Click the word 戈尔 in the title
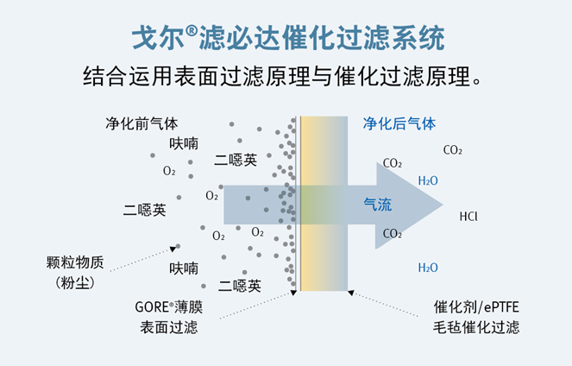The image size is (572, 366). pos(158,38)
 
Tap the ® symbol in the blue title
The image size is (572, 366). pos(192,31)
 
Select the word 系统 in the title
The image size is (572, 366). pos(418,38)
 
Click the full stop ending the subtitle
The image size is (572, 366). pos(477,82)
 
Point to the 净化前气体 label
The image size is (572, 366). pos(141,123)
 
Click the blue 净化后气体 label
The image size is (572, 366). pos(399,123)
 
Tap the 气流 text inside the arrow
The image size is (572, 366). pos(378,205)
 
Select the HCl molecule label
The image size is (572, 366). pos(468,217)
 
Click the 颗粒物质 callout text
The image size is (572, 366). pos(75,262)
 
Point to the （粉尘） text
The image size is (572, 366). pos(75,282)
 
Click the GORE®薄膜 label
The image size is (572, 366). pos(168,306)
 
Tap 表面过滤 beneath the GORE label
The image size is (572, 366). pos(168,327)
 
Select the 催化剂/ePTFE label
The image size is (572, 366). pos(476,307)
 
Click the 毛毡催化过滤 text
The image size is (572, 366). pos(476,327)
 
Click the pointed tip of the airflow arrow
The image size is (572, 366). pos(443,205)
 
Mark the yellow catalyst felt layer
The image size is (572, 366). pos(324,204)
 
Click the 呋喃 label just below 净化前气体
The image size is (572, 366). pos(184,144)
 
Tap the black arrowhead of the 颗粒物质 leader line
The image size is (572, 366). pos(173,249)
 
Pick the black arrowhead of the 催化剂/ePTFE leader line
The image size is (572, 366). pos(351,293)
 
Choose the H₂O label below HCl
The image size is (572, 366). pos(428,268)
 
